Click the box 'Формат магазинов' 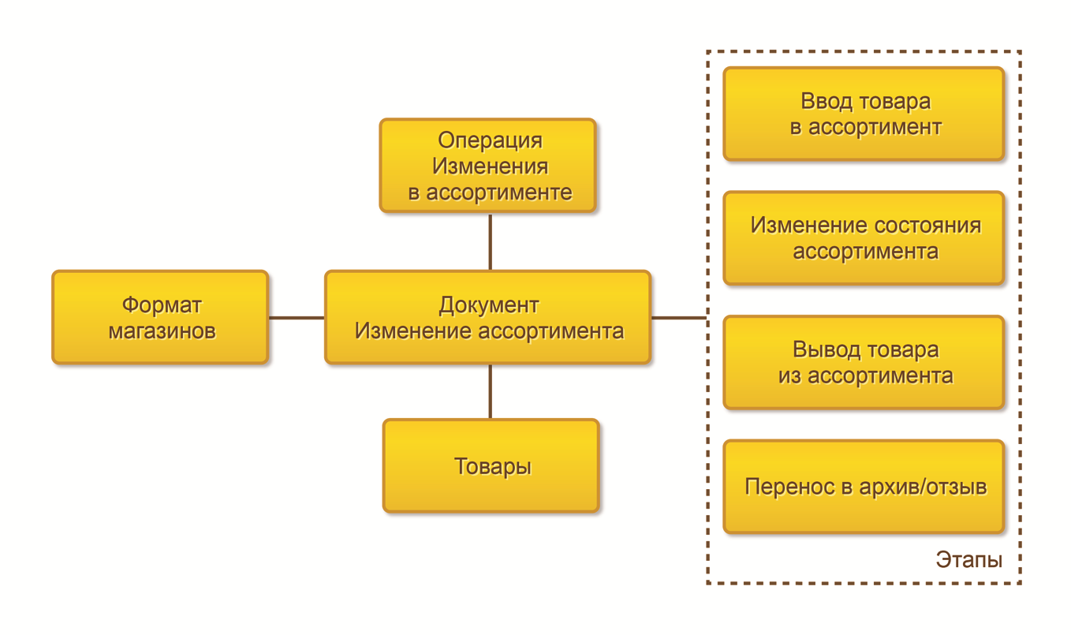click(x=160, y=317)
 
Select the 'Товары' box click(x=491, y=465)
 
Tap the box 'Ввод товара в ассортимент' click(x=864, y=114)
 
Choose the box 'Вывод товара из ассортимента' click(x=864, y=363)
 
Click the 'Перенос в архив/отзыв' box click(x=864, y=487)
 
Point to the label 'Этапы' click(x=969, y=560)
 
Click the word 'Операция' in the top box click(x=490, y=140)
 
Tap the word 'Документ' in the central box click(x=489, y=305)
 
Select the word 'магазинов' click(x=161, y=331)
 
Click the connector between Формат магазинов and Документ click(x=297, y=318)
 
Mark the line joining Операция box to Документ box click(x=490, y=241)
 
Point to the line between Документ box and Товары click(x=490, y=391)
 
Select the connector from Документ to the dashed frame click(x=678, y=318)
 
